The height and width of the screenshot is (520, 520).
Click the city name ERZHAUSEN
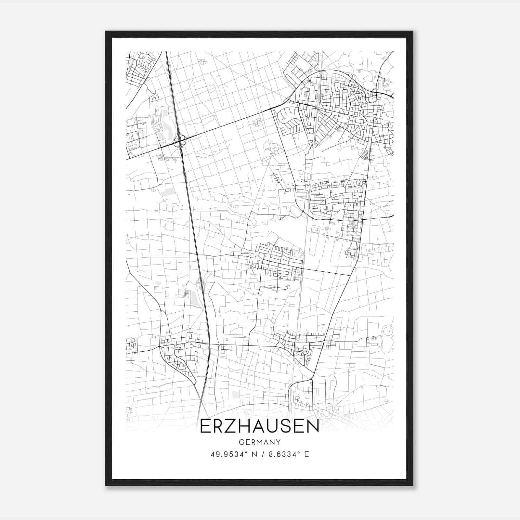click(x=259, y=426)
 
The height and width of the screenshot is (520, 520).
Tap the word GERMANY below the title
click(x=259, y=442)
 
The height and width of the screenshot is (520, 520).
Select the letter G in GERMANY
click(x=241, y=442)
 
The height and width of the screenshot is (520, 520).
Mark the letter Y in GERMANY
click(x=278, y=442)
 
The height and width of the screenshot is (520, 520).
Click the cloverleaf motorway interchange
click(x=179, y=141)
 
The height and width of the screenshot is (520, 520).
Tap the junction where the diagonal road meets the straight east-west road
click(x=350, y=276)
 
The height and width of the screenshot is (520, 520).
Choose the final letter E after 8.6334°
click(x=306, y=454)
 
